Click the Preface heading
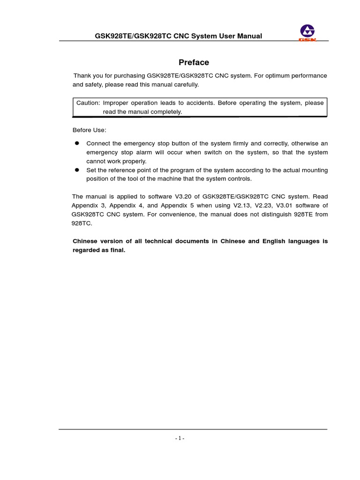click(194, 62)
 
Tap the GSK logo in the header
click(308, 33)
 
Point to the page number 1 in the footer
click(180, 438)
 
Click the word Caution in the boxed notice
click(88, 103)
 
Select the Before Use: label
click(89, 130)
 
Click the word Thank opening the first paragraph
click(82, 75)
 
